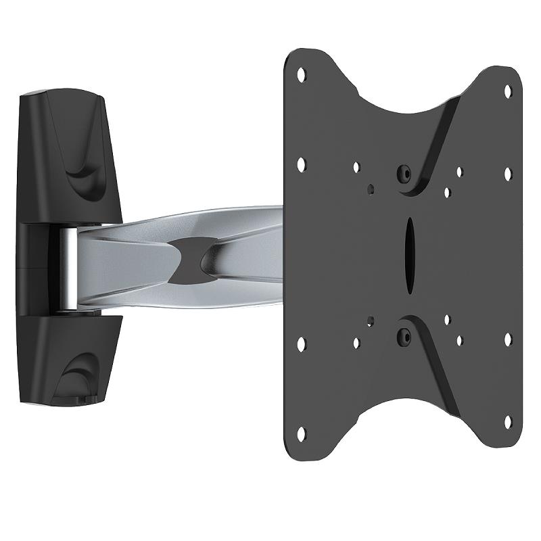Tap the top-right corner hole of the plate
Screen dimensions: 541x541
point(507,88)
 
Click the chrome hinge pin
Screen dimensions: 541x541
point(68,268)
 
